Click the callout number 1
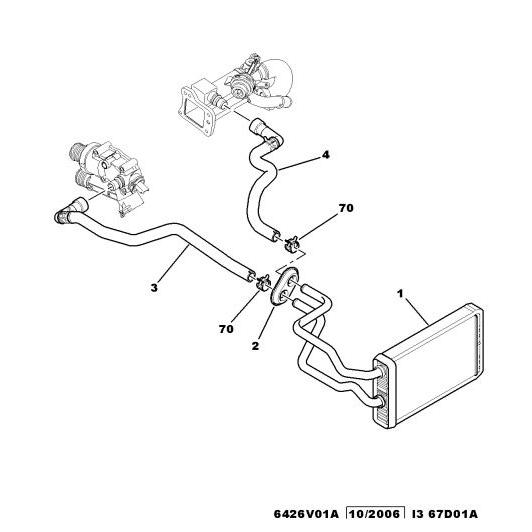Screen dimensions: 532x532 (x=400, y=294)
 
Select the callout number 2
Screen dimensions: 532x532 (x=255, y=346)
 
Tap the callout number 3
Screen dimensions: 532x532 (x=154, y=288)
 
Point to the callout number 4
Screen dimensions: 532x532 (x=325, y=155)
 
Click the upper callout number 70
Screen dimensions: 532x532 (x=346, y=208)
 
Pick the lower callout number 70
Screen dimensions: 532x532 (x=226, y=329)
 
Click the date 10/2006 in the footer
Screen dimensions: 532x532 (x=375, y=514)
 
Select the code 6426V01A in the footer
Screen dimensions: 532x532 (x=306, y=514)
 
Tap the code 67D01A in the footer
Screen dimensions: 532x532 (x=453, y=514)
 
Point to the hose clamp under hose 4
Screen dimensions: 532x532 (x=291, y=244)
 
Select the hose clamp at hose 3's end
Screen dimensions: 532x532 (x=263, y=282)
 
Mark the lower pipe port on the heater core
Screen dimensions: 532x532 (x=382, y=401)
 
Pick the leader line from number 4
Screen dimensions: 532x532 (x=298, y=163)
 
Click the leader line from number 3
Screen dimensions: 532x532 (x=172, y=264)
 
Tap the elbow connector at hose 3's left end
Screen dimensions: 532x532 (x=70, y=211)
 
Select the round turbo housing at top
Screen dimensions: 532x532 (x=279, y=79)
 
